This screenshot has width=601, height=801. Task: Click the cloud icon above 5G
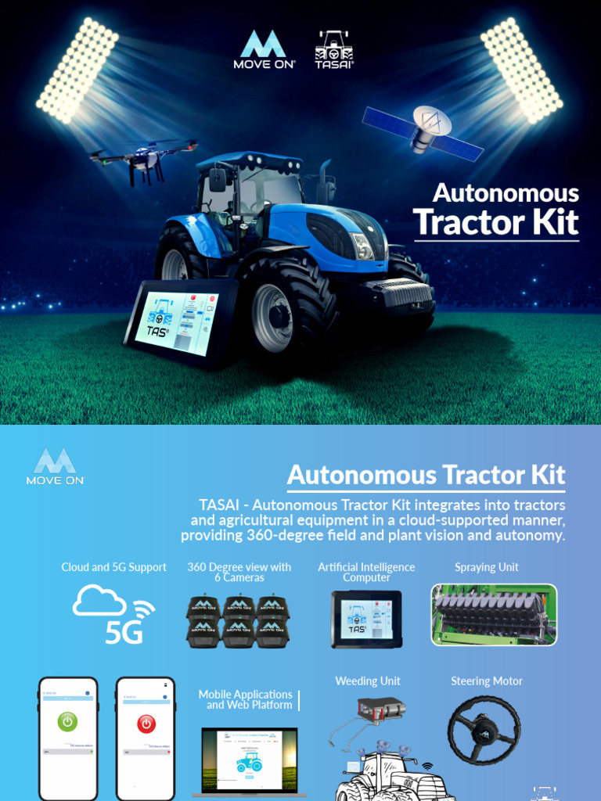click(99, 600)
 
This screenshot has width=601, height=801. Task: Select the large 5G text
click(124, 630)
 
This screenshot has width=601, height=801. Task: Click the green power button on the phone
click(68, 722)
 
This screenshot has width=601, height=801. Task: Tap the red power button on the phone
click(146, 724)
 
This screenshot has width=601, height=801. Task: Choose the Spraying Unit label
click(487, 567)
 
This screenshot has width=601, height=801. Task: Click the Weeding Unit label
click(368, 681)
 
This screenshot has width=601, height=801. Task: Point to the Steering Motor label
click(487, 681)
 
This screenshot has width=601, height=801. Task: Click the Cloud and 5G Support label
click(114, 567)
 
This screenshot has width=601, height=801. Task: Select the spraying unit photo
click(494, 615)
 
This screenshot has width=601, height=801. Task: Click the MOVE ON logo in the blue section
click(56, 467)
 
